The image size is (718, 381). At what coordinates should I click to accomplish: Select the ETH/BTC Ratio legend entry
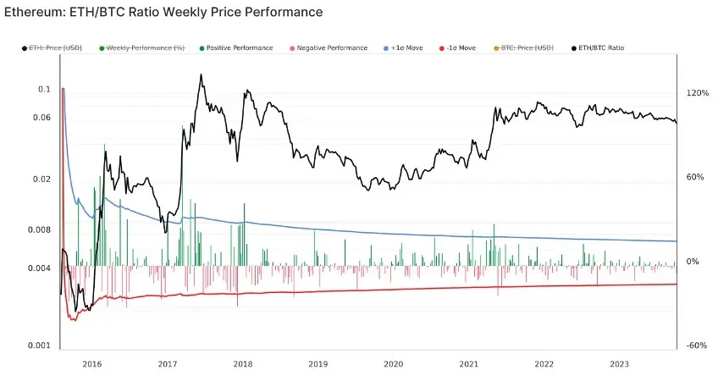pyautogui.click(x=600, y=48)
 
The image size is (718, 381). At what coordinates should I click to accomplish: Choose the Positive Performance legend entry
pyautogui.click(x=240, y=48)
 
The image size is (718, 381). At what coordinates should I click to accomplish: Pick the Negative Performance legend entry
pyautogui.click(x=332, y=48)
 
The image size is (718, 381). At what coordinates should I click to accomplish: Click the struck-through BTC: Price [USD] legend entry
pyautogui.click(x=528, y=48)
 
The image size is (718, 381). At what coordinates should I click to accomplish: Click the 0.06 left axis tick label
pyautogui.click(x=42, y=118)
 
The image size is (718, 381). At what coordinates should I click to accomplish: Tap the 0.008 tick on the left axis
pyautogui.click(x=41, y=229)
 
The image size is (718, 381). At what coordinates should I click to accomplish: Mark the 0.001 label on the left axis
pyautogui.click(x=41, y=345)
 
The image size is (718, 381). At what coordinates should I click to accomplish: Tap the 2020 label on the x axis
pyautogui.click(x=393, y=363)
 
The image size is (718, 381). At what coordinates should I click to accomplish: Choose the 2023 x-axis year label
pyautogui.click(x=619, y=363)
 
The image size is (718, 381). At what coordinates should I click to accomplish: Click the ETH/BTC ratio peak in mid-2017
pyautogui.click(x=200, y=75)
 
